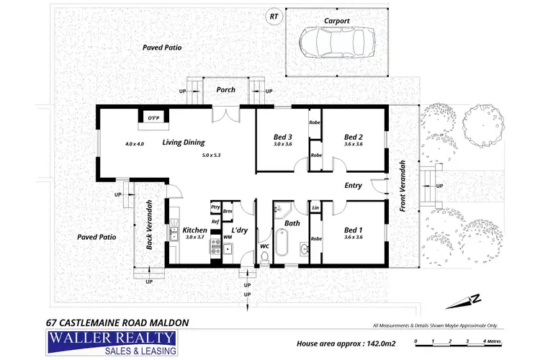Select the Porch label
[x=226, y=90]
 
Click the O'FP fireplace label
[x=153, y=118]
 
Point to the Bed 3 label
[x=283, y=137]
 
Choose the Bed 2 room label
[x=352, y=137]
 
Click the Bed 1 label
[x=352, y=230]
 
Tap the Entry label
[x=354, y=185]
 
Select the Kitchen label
[x=195, y=230]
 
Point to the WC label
[x=264, y=246]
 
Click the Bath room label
[x=292, y=223]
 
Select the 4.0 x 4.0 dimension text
[x=135, y=143]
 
